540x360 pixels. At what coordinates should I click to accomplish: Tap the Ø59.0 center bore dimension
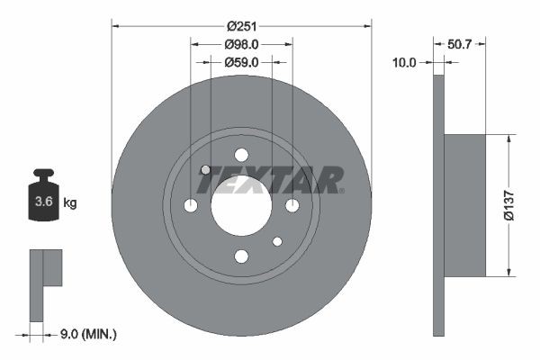(241, 62)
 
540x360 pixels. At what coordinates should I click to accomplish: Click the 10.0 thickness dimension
(405, 62)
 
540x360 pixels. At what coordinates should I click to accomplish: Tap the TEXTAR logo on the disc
(270, 180)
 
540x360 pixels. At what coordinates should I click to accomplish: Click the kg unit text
(70, 203)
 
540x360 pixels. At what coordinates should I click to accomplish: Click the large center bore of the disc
(241, 206)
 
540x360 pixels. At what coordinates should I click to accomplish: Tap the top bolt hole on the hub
(241, 155)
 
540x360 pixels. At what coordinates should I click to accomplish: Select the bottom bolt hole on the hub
(241, 257)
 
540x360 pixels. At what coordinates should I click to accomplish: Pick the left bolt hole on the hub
(190, 206)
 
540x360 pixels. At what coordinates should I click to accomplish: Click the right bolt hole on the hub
(292, 206)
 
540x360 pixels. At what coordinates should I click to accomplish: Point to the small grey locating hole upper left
(205, 170)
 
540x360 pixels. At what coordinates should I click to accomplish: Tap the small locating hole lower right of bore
(277, 241)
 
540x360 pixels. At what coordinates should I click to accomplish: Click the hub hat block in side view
(464, 205)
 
